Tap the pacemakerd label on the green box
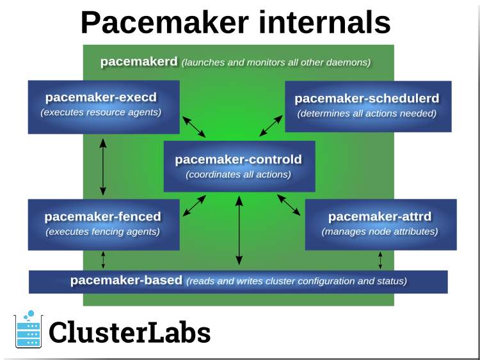(139, 62)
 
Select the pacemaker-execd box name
(101, 97)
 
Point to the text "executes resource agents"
(101, 113)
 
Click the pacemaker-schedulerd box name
(367, 98)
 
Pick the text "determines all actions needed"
(367, 114)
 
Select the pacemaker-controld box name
(238, 159)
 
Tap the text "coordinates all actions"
(238, 175)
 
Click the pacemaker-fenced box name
(102, 216)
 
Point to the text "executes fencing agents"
(102, 231)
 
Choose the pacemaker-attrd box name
(380, 216)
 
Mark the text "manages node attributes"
(380, 231)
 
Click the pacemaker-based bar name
(126, 280)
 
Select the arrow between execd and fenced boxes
(103, 167)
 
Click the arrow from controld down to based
(239, 230)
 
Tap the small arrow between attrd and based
(380, 260)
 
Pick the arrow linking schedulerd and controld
(271, 126)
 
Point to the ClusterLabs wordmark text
(130, 333)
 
